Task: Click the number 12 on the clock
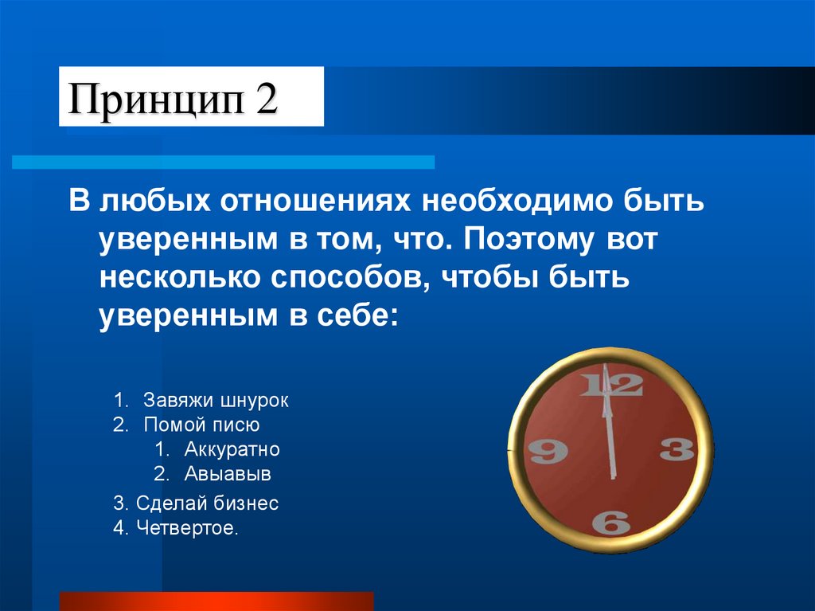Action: coord(611,386)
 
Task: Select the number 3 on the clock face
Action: coord(677,450)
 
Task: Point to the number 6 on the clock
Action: coord(611,522)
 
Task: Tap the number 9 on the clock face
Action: coord(548,452)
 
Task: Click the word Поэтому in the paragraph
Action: coord(519,240)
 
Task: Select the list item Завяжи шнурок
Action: coord(216,400)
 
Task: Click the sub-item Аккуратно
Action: coord(232,449)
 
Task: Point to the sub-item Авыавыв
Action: coord(228,475)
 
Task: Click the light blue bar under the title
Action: coord(223,162)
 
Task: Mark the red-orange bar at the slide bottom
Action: coord(216,601)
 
